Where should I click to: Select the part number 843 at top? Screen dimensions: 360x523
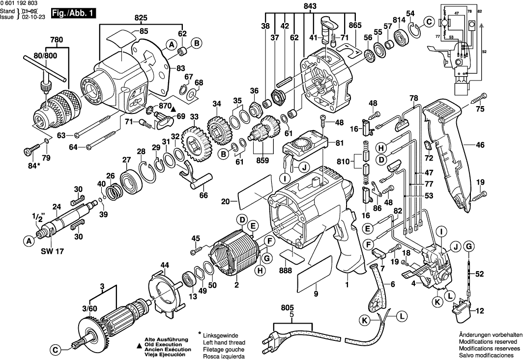310,6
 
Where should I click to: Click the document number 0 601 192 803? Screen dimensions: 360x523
19,3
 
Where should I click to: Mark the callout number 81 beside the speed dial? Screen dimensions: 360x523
339,143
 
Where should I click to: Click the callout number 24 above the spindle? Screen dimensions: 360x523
57,206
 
